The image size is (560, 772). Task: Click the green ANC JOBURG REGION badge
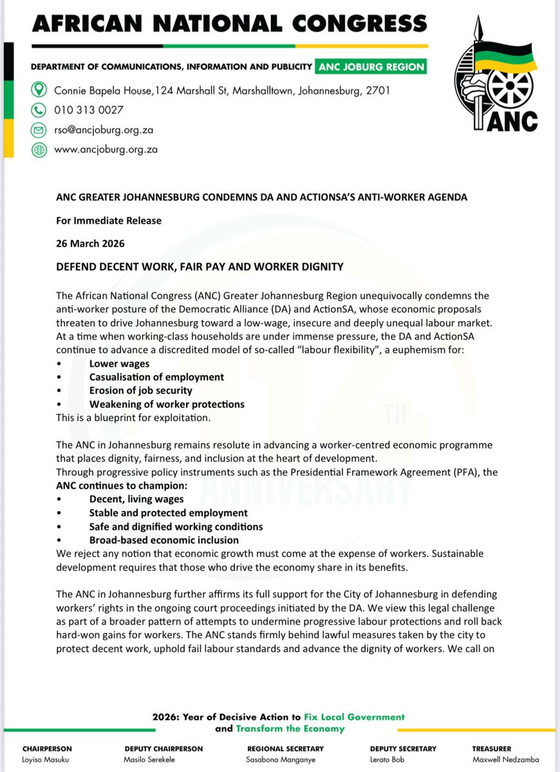point(370,67)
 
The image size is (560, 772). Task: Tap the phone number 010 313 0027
point(89,109)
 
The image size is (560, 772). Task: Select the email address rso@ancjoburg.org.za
point(103,129)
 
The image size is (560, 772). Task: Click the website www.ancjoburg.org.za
point(106,149)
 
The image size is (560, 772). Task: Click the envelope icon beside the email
point(39,129)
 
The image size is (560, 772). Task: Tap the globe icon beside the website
point(39,149)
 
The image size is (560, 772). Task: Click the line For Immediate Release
point(108,221)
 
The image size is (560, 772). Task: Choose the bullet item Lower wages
point(119,363)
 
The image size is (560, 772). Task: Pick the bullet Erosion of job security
point(140,391)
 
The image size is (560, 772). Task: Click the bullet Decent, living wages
point(136,499)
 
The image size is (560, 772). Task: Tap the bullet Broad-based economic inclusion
point(163,540)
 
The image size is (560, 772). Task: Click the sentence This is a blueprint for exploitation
point(133,418)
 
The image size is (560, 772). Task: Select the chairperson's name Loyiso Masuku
point(47,759)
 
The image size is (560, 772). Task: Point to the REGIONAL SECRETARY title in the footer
point(285,749)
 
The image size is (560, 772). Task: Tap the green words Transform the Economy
point(290,729)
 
